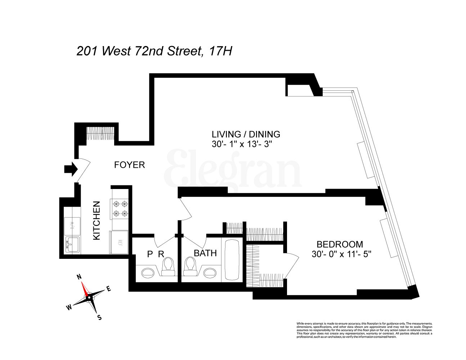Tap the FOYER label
click(x=129, y=165)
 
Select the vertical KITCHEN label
click(x=97, y=220)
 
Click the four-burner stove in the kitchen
click(x=120, y=209)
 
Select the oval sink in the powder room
click(x=148, y=272)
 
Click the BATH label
click(x=205, y=253)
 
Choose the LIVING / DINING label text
click(x=246, y=134)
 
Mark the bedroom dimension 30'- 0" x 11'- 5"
click(x=341, y=254)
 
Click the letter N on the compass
click(x=79, y=277)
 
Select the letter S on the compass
click(x=100, y=317)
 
